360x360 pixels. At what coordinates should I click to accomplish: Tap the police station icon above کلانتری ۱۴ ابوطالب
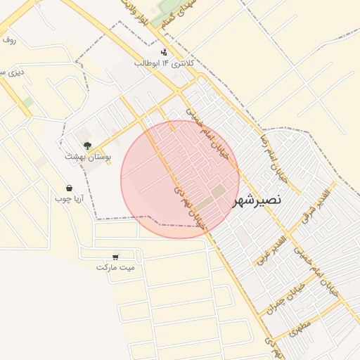[165, 51]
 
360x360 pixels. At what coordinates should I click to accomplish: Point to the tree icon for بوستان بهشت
[86, 145]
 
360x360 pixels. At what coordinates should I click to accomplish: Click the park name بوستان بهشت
[85, 157]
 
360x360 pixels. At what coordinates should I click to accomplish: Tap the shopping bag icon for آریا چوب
[69, 188]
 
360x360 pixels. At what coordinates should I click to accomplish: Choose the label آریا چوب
[70, 199]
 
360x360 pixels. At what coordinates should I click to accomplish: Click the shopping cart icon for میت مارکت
[115, 257]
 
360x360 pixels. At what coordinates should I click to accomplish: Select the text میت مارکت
[115, 268]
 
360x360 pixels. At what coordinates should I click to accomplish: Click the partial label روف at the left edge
[8, 40]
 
